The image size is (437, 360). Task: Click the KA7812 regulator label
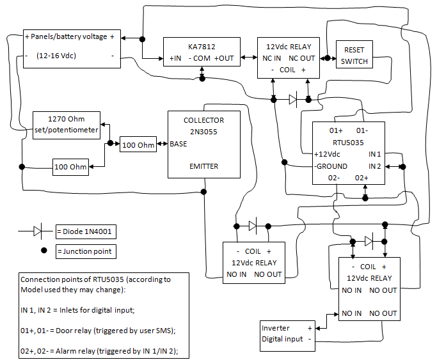(x=202, y=47)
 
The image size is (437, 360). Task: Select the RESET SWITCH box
(x=354, y=56)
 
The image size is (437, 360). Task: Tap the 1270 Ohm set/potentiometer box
(x=67, y=124)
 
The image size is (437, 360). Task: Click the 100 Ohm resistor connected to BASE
(x=138, y=145)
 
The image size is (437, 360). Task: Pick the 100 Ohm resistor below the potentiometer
(x=70, y=167)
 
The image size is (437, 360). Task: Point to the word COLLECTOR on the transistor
(x=204, y=120)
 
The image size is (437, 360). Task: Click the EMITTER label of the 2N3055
(x=204, y=166)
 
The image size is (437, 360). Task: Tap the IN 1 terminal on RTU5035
(x=374, y=154)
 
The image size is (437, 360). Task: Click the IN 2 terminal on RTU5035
(x=374, y=166)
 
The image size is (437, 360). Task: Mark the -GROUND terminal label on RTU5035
(x=331, y=166)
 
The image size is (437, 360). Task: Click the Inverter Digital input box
(x=285, y=333)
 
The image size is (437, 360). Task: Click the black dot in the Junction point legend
(x=44, y=251)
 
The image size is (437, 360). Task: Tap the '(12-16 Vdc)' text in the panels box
(x=56, y=56)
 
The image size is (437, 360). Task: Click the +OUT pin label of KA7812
(x=224, y=59)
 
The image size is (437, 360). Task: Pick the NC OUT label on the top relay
(x=301, y=58)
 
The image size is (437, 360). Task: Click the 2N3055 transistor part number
(x=204, y=131)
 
